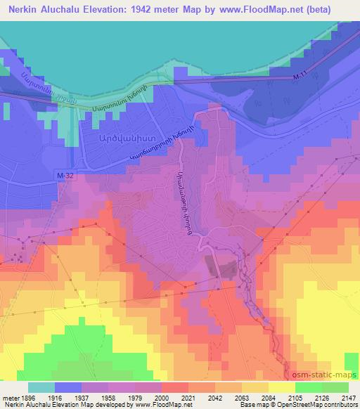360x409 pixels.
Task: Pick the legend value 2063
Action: click(x=240, y=397)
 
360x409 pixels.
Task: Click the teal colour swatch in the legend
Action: click(x=41, y=387)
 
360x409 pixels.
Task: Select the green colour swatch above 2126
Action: click(x=309, y=387)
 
